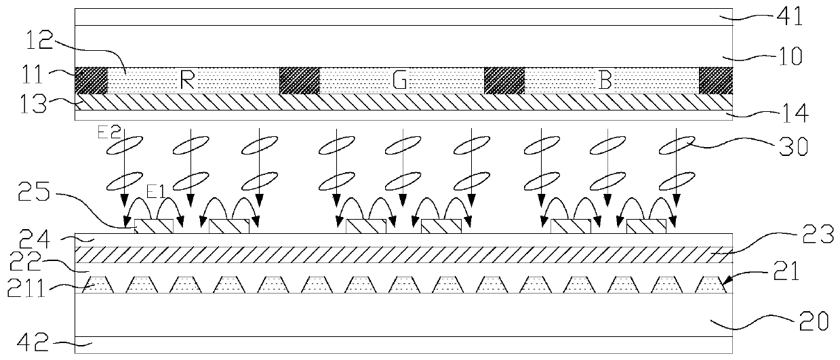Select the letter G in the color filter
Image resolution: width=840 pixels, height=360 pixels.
[x=399, y=81]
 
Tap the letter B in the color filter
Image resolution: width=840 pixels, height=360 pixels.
[x=605, y=81]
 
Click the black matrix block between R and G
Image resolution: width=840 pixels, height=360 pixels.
[x=299, y=81]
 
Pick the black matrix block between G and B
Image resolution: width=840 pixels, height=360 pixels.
[x=503, y=81]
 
